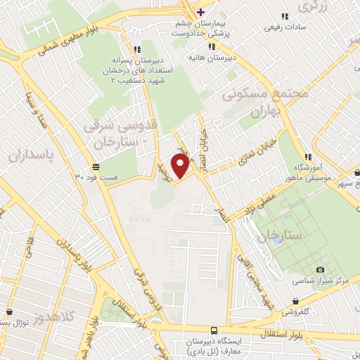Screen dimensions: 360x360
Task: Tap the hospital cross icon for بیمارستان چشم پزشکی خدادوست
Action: coord(200,12)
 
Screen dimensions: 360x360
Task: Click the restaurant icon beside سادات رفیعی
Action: coord(285,16)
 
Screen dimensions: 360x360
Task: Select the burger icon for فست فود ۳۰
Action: coord(96,167)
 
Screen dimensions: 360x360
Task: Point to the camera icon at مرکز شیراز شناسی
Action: coord(321,270)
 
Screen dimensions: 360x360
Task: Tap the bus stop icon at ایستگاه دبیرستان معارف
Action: coord(214,330)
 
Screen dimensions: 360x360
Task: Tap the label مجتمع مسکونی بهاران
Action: coord(256,102)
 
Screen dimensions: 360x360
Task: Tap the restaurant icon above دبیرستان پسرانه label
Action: coord(136,49)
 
